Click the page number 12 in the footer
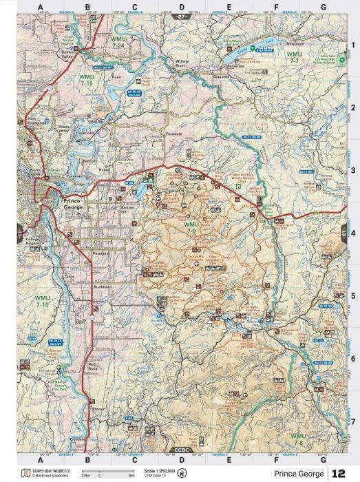pyautogui.click(x=339, y=474)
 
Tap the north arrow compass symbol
pyautogui.click(x=182, y=473)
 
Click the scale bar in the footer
pyautogui.click(x=108, y=471)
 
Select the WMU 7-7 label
pyautogui.click(x=294, y=57)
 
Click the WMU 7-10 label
pyautogui.click(x=41, y=300)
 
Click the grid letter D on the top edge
pyautogui.click(x=182, y=7)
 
